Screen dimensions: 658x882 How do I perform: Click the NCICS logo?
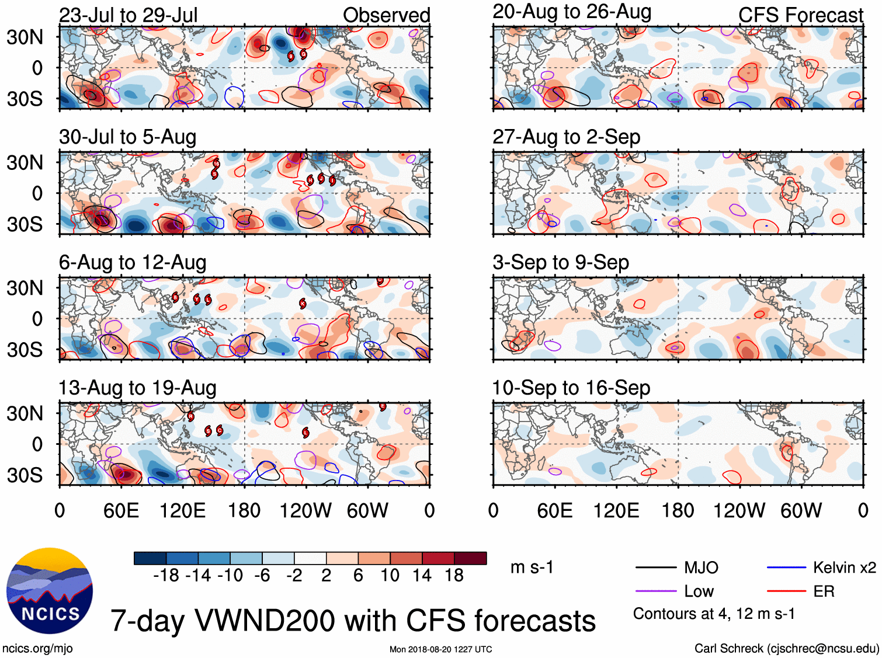tap(50, 590)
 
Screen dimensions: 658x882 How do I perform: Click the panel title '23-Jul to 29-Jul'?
tap(129, 15)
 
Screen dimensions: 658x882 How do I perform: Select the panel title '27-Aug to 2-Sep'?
tap(566, 137)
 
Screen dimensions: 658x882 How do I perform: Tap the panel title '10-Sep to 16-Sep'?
tap(571, 388)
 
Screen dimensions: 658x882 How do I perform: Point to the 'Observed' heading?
tap(386, 15)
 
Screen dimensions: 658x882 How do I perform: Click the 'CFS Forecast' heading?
tap(800, 15)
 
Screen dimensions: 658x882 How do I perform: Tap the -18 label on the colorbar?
tap(166, 576)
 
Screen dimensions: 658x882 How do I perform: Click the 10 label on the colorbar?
tap(390, 576)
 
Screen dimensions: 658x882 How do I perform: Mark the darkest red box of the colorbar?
tap(470, 558)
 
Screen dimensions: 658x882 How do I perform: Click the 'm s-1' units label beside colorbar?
tap(532, 568)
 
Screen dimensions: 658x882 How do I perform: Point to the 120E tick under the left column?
tap(183, 511)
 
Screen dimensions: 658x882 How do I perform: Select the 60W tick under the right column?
tap(801, 511)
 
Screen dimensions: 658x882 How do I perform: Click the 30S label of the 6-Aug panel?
tap(25, 350)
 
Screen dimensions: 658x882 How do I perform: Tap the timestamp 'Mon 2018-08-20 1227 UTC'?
tap(440, 649)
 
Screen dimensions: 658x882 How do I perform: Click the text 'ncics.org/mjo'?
tap(38, 648)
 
